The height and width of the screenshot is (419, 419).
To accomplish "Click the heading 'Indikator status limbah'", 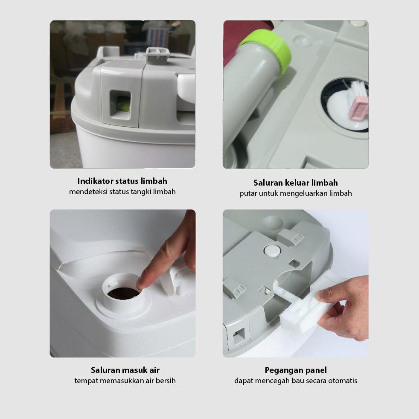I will coord(122,181).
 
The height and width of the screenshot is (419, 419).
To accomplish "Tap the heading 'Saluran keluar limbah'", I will coord(295,183).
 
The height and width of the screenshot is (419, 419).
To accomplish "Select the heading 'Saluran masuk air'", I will coord(125,370).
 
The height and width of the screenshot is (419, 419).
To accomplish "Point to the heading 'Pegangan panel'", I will coord(296,370).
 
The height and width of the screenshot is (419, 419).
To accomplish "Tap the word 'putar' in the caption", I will coord(247,193).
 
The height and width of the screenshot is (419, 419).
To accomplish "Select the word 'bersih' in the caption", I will coord(166,381).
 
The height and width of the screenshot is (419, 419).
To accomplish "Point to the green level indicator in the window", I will coord(123,105).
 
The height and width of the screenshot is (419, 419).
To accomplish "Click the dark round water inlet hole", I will coord(123,293).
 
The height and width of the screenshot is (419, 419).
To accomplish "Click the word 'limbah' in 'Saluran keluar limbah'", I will coord(324,183).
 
